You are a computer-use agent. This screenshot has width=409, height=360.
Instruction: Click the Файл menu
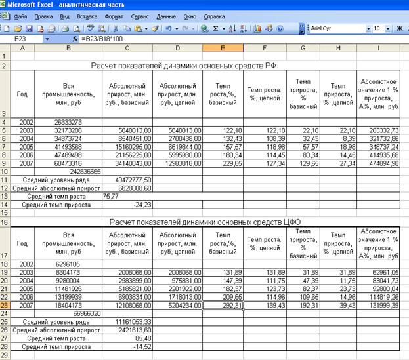click(x=20, y=16)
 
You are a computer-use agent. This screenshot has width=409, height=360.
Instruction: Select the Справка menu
click(x=214, y=16)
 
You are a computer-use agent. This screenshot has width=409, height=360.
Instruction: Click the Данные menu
click(x=166, y=16)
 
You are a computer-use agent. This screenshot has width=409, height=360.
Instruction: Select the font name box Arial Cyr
click(x=335, y=29)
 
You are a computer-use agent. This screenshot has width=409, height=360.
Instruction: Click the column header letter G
click(x=305, y=49)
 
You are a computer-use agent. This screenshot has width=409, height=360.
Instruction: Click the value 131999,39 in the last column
click(x=381, y=305)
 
